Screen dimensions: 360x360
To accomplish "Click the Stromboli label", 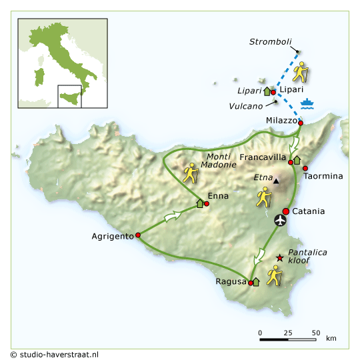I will click(x=271, y=41).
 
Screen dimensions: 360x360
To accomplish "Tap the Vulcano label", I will click(x=245, y=106).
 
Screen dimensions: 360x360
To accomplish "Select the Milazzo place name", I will click(x=281, y=120).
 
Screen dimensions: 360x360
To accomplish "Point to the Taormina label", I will click(x=323, y=176).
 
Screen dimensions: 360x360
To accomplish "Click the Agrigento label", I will click(x=113, y=236).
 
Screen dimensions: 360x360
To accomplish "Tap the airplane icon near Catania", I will click(x=281, y=219).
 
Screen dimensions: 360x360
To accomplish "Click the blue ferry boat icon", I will click(x=307, y=103).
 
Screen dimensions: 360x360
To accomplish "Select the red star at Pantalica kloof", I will click(x=279, y=258).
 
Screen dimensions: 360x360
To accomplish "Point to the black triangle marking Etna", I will click(x=276, y=180).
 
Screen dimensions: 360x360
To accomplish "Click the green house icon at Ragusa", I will click(x=256, y=282).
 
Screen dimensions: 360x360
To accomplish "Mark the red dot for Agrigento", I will click(x=138, y=235).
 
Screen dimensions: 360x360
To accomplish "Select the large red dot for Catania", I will click(x=286, y=211).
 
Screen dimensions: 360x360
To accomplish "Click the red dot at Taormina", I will click(x=305, y=168).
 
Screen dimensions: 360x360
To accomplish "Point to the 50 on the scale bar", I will click(x=315, y=332).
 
